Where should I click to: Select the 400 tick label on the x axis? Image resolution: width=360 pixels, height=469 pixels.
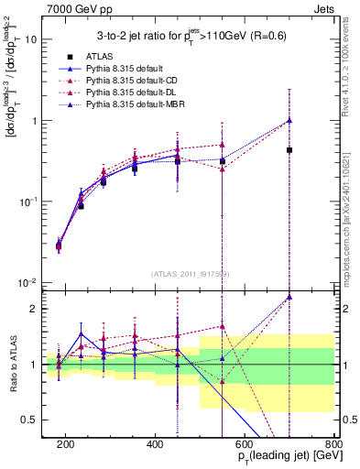(156, 444)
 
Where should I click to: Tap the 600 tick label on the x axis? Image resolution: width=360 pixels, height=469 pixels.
(245, 444)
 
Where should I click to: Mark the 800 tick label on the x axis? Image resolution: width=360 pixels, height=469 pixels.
(333, 444)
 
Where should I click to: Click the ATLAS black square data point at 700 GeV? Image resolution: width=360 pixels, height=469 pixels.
(289, 150)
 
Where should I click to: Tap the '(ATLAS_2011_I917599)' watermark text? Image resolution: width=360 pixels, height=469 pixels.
(190, 272)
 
